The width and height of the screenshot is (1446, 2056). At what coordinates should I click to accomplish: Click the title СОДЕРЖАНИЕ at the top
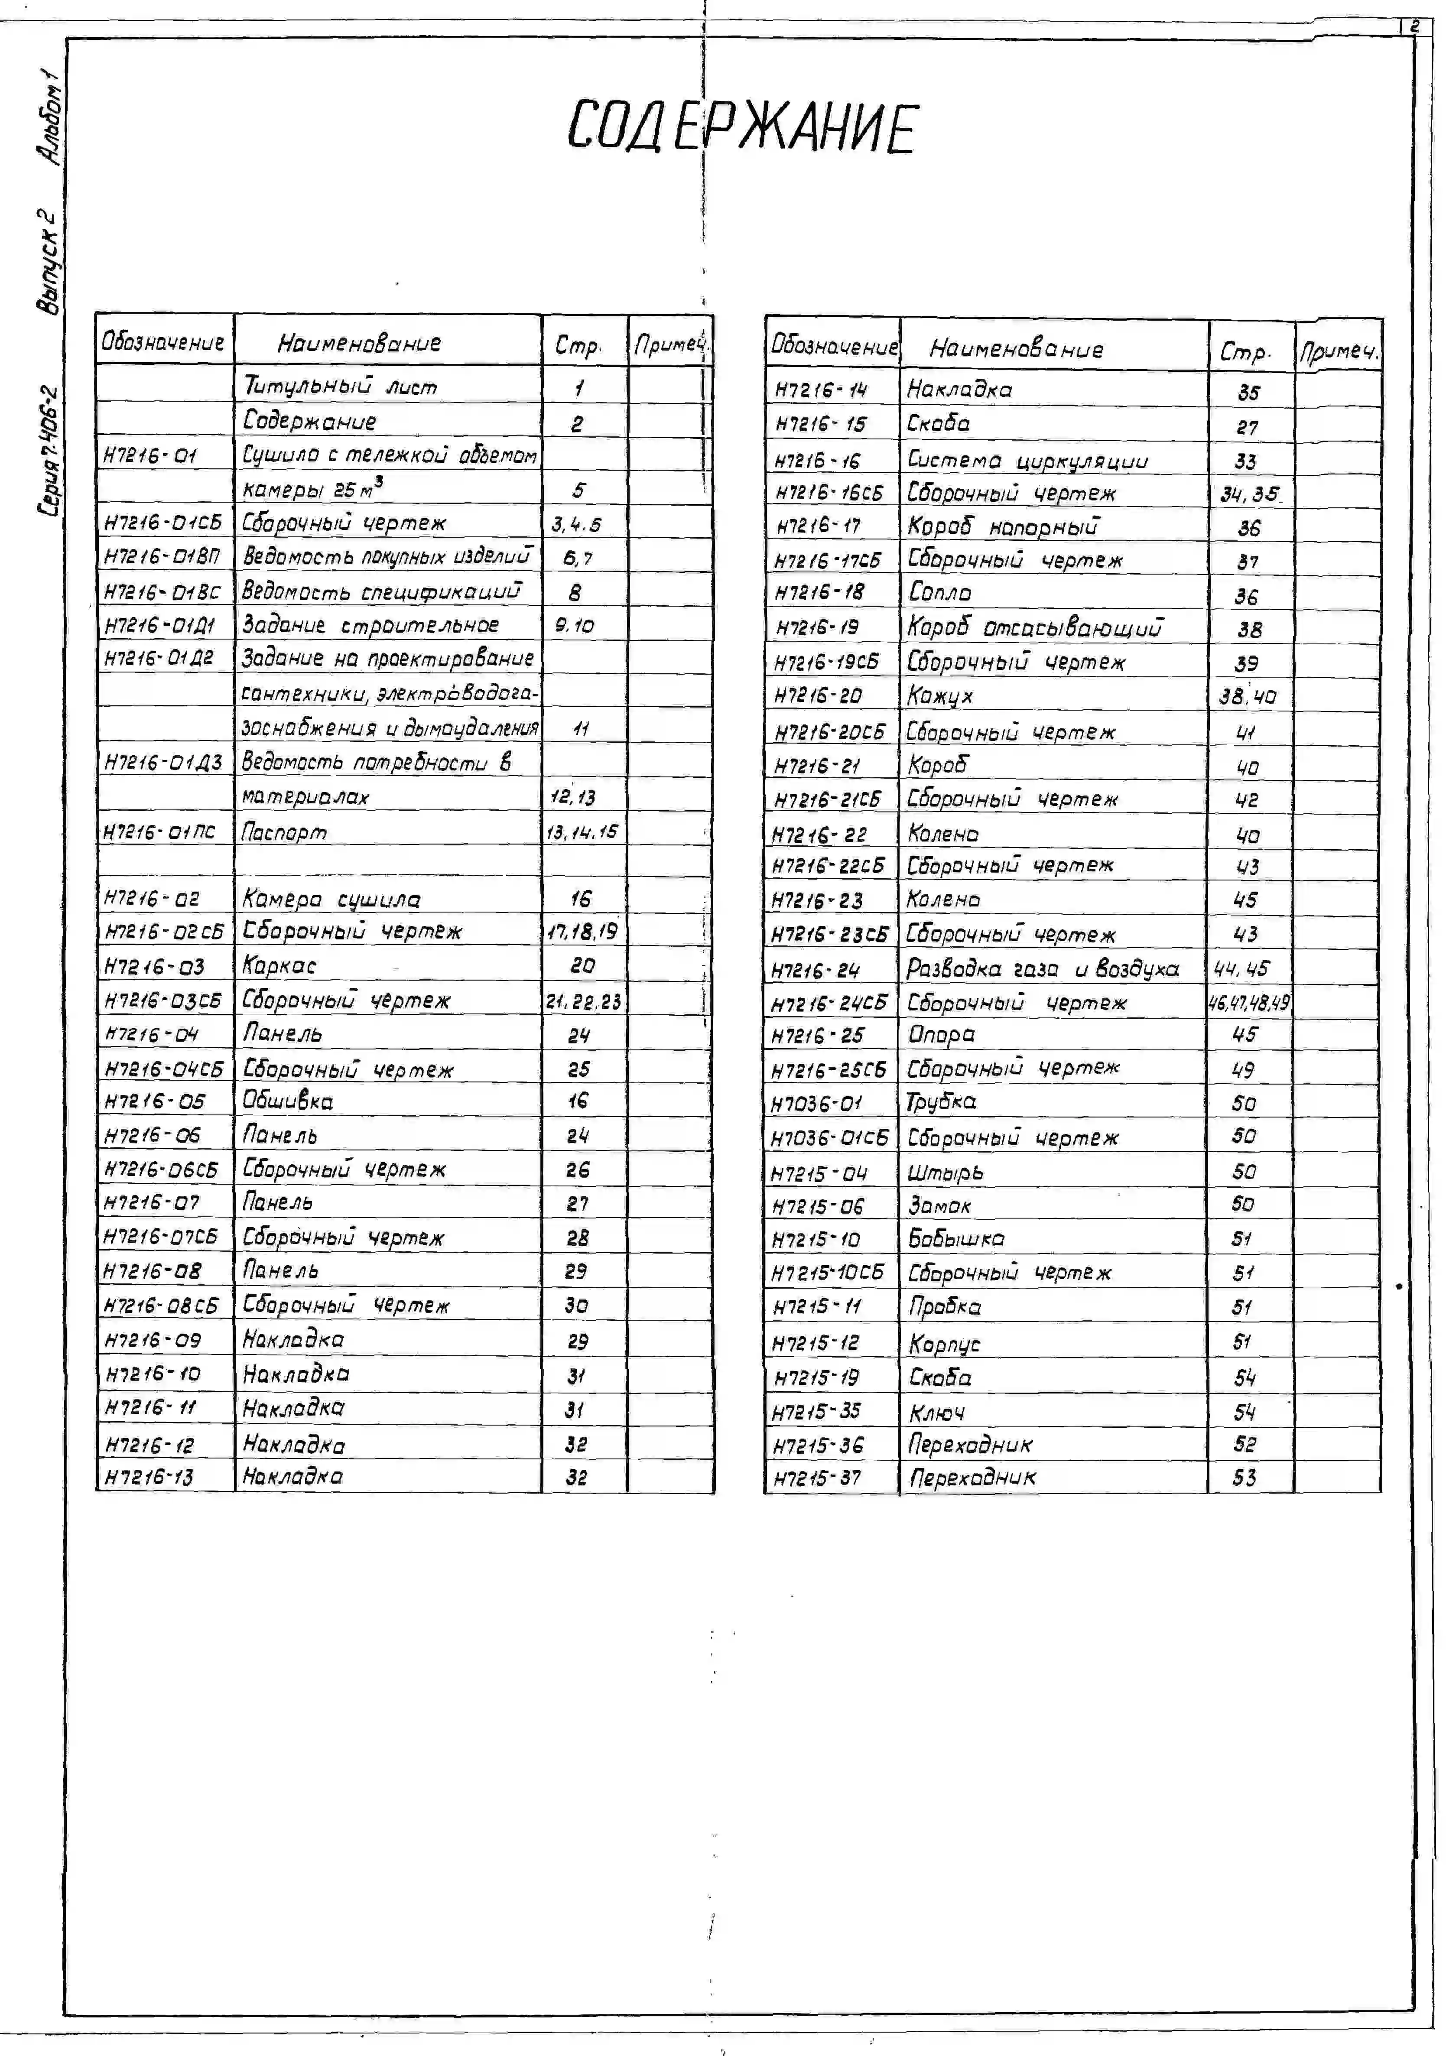tap(742, 127)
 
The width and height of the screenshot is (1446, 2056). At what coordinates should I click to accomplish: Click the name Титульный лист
tap(340, 387)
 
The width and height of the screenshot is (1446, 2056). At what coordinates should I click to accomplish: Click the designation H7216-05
tap(154, 1101)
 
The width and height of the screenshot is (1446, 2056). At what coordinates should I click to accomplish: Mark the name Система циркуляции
tap(1027, 460)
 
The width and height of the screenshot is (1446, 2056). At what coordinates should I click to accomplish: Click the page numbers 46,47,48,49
tap(1249, 1003)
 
